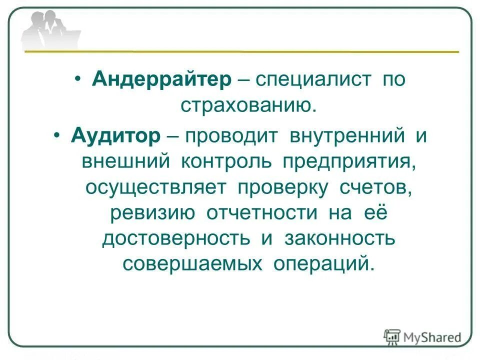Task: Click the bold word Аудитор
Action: pyautogui.click(x=116, y=135)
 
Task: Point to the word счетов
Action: pyautogui.click(x=375, y=187)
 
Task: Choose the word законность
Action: pyautogui.click(x=340, y=238)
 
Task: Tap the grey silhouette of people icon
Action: pyautogui.click(x=50, y=30)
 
